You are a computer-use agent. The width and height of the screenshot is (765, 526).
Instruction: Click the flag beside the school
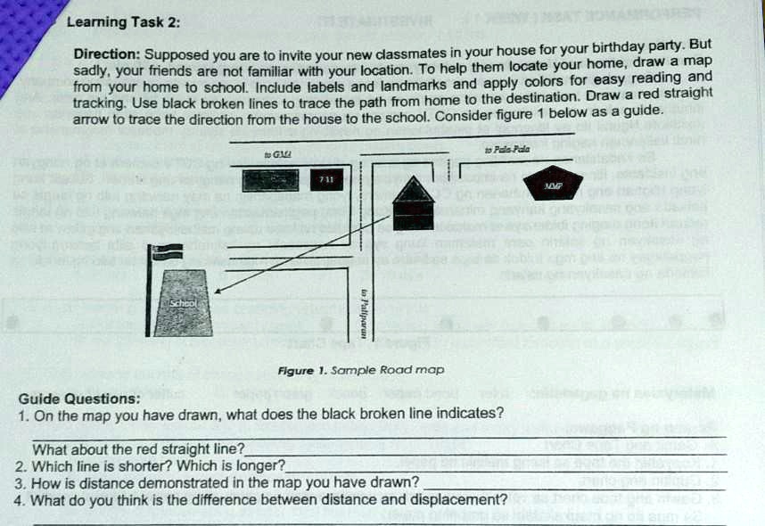164,252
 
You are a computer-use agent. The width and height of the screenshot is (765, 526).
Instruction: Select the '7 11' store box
327,180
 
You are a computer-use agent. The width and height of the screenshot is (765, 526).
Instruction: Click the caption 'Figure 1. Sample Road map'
360,369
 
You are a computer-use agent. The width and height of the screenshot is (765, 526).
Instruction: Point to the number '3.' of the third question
21,482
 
